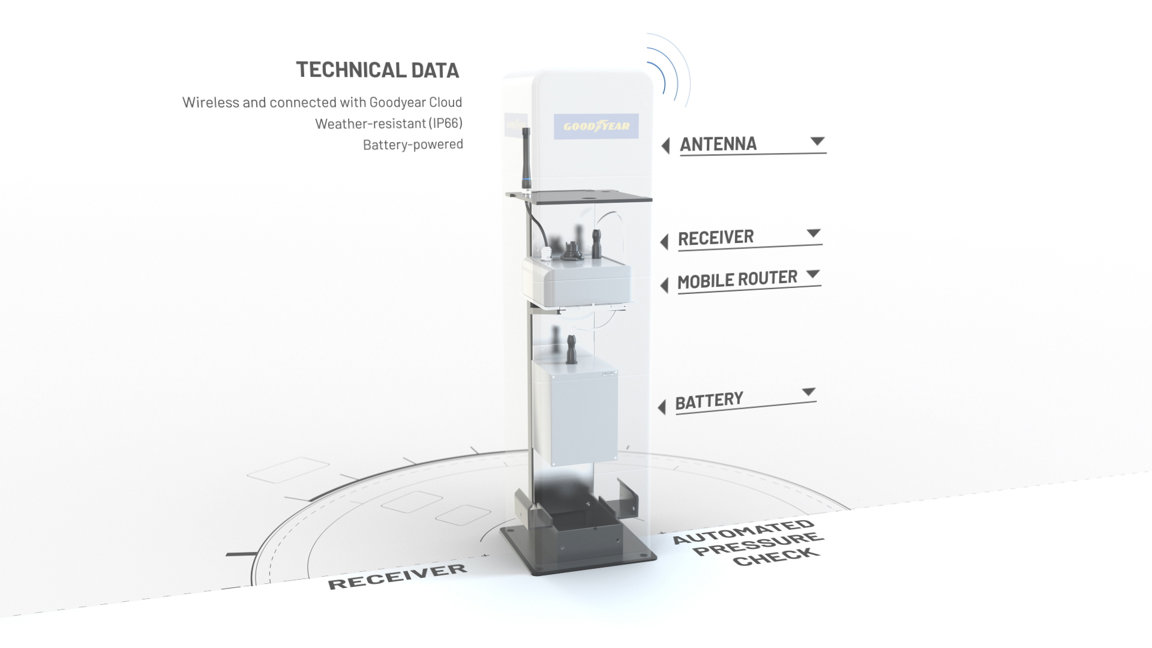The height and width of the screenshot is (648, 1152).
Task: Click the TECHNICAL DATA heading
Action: [x=377, y=70]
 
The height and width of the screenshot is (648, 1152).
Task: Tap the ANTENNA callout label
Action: [x=718, y=144]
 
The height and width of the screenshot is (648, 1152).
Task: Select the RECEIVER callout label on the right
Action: [x=716, y=238]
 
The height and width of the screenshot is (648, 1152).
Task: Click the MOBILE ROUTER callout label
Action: [x=737, y=280]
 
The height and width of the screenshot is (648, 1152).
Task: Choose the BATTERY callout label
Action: [x=709, y=401]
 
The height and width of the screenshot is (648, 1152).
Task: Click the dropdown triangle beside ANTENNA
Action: [x=817, y=141]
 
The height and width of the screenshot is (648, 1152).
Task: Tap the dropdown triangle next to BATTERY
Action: [x=809, y=392]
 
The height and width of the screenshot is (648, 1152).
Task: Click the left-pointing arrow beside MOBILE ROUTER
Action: [x=664, y=285]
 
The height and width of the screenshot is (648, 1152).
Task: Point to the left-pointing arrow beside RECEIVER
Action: [x=664, y=242]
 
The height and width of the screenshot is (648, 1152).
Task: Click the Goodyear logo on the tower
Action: [x=596, y=126]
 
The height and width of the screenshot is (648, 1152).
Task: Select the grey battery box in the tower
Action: [x=575, y=411]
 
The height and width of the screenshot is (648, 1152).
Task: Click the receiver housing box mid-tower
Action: [x=577, y=281]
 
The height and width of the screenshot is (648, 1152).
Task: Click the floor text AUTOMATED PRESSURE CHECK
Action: [x=748, y=542]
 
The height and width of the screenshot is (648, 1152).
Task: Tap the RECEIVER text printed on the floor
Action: [x=397, y=576]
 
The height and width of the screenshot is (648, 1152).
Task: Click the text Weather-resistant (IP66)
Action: [x=389, y=124]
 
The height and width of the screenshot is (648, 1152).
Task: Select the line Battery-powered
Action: [x=413, y=145]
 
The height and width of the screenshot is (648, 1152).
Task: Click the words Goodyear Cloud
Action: [x=416, y=102]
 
